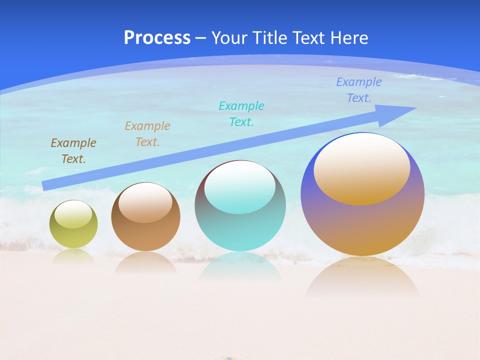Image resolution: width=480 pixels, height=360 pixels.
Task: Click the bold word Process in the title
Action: click(x=157, y=38)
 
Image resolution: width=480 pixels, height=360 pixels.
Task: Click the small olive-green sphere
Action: click(x=73, y=235)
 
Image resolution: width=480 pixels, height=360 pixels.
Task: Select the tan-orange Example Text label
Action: click(x=147, y=133)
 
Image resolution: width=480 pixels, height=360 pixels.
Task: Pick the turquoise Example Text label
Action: click(x=241, y=113)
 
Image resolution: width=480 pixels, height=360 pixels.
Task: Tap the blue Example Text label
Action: click(x=359, y=90)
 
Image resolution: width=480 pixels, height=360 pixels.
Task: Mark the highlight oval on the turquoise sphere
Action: click(x=240, y=186)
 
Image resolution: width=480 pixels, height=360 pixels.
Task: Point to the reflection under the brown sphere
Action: click(x=145, y=262)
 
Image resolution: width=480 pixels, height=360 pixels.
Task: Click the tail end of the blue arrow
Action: click(x=46, y=185)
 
